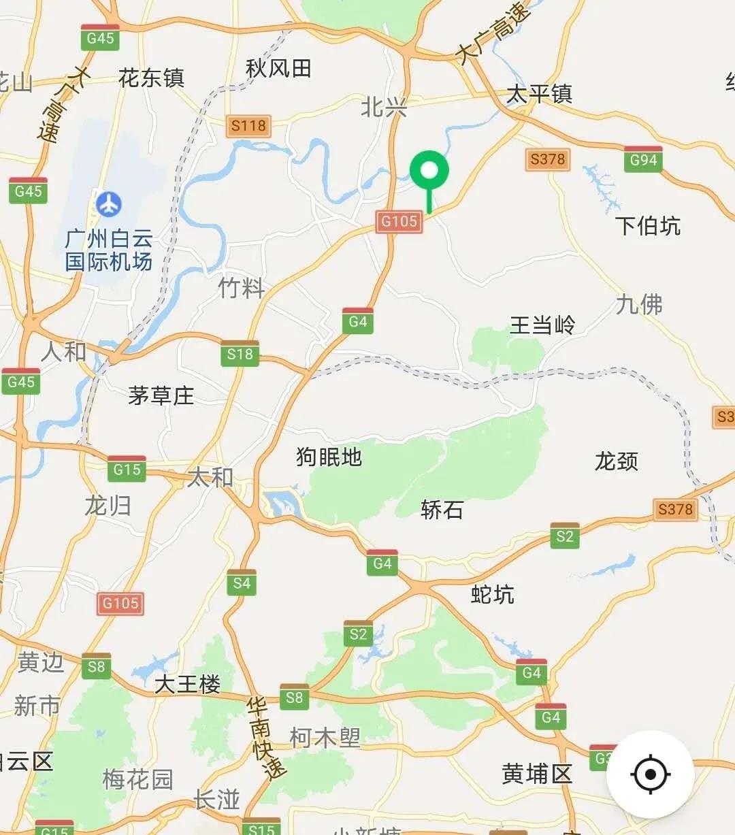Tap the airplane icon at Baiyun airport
pyautogui.click(x=108, y=203)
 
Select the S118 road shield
pyautogui.click(x=248, y=125)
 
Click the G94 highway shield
pyautogui.click(x=643, y=159)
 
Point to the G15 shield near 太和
pyautogui.click(x=127, y=469)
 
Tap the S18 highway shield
pyautogui.click(x=240, y=353)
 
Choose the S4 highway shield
pyautogui.click(x=242, y=583)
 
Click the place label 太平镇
pyautogui.click(x=539, y=94)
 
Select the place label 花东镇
pyautogui.click(x=151, y=78)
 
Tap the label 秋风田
pyautogui.click(x=278, y=68)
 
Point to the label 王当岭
pyautogui.click(x=542, y=325)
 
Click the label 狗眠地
pyautogui.click(x=329, y=457)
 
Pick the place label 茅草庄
pyautogui.click(x=161, y=395)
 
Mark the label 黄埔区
pyautogui.click(x=537, y=774)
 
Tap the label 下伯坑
pyautogui.click(x=647, y=225)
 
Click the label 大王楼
pyautogui.click(x=188, y=684)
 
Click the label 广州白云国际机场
pyautogui.click(x=109, y=250)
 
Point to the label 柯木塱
pyautogui.click(x=325, y=737)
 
